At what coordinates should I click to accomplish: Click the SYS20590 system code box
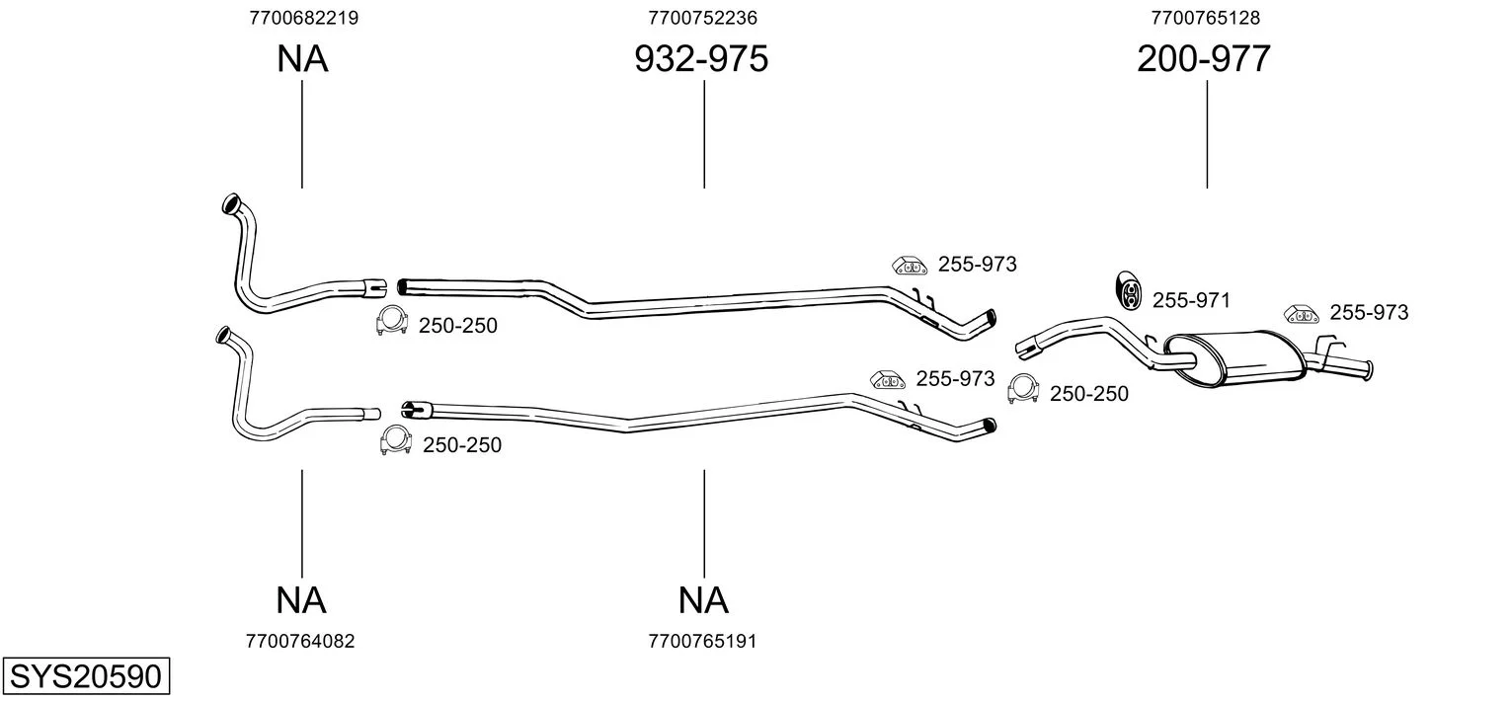tap(86, 675)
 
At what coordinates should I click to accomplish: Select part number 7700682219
tap(303, 18)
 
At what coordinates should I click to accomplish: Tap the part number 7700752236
tap(703, 18)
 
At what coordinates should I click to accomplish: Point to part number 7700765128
tap(1206, 18)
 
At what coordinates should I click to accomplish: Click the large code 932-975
tap(701, 58)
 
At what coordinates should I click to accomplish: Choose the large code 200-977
tap(1204, 58)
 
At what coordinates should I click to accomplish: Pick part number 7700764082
tap(300, 642)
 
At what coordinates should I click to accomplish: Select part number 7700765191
tap(702, 642)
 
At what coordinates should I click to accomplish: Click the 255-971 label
tap(1191, 300)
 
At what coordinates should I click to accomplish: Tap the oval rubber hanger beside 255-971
tap(1127, 290)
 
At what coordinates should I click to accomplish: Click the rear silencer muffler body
tap(1234, 358)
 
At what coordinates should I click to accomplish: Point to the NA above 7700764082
tap(301, 600)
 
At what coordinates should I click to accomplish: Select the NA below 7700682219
tap(302, 58)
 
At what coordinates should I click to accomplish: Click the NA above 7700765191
tap(703, 600)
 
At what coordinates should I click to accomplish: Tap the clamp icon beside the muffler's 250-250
tap(1022, 389)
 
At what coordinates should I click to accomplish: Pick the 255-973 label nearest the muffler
tap(1370, 312)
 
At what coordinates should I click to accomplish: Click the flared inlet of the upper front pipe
tap(231, 203)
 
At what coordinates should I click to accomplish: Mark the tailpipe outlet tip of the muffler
tap(1369, 371)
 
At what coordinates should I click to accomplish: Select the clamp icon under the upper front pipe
tap(392, 321)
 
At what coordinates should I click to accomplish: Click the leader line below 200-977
tap(1207, 134)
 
